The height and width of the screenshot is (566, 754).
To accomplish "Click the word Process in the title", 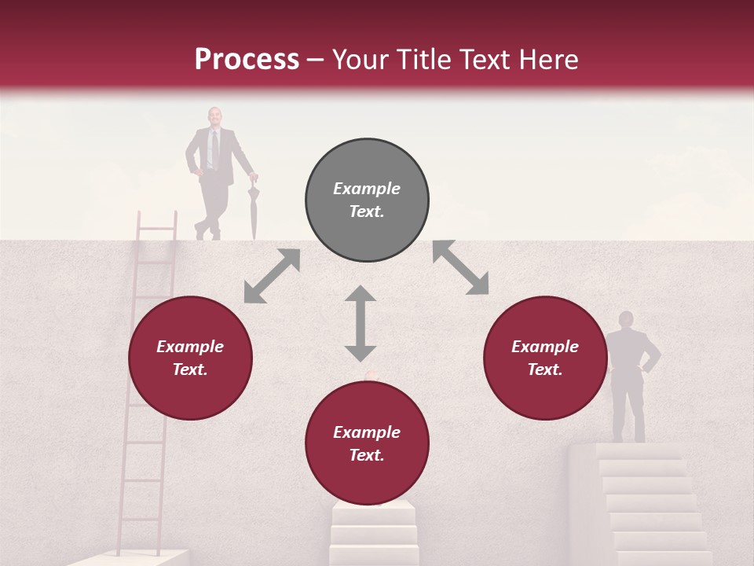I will (x=247, y=60).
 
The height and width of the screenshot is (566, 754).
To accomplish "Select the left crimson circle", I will (x=190, y=358).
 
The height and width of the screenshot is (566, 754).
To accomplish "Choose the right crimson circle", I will (x=545, y=358).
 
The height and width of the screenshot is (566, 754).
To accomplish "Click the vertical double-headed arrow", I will (x=361, y=323).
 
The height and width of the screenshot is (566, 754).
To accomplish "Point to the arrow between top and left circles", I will (x=272, y=276).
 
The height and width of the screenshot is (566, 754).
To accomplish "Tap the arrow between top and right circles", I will (x=460, y=267).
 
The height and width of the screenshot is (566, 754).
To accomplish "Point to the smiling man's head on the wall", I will (x=214, y=116).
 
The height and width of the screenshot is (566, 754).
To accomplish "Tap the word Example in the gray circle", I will (x=367, y=189).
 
